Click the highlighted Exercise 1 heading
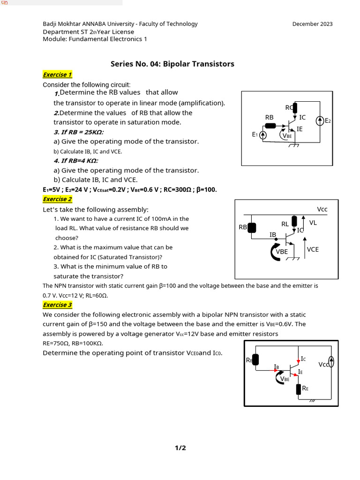[x=57, y=75]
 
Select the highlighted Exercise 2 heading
[x=57, y=199]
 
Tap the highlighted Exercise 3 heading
[x=57, y=305]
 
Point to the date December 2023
[x=312, y=24]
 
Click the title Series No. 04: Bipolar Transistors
[x=172, y=64]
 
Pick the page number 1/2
[x=180, y=448]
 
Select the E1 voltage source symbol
[x=263, y=135]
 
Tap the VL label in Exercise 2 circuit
[x=313, y=223]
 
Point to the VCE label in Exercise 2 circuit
[x=313, y=249]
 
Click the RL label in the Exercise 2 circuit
[x=285, y=224]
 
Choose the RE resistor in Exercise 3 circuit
[x=299, y=389]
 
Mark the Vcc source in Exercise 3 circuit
[x=331, y=361]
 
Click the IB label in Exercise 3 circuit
[x=277, y=366]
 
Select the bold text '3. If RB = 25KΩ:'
[x=79, y=132]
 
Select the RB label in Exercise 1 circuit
[x=269, y=117]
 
